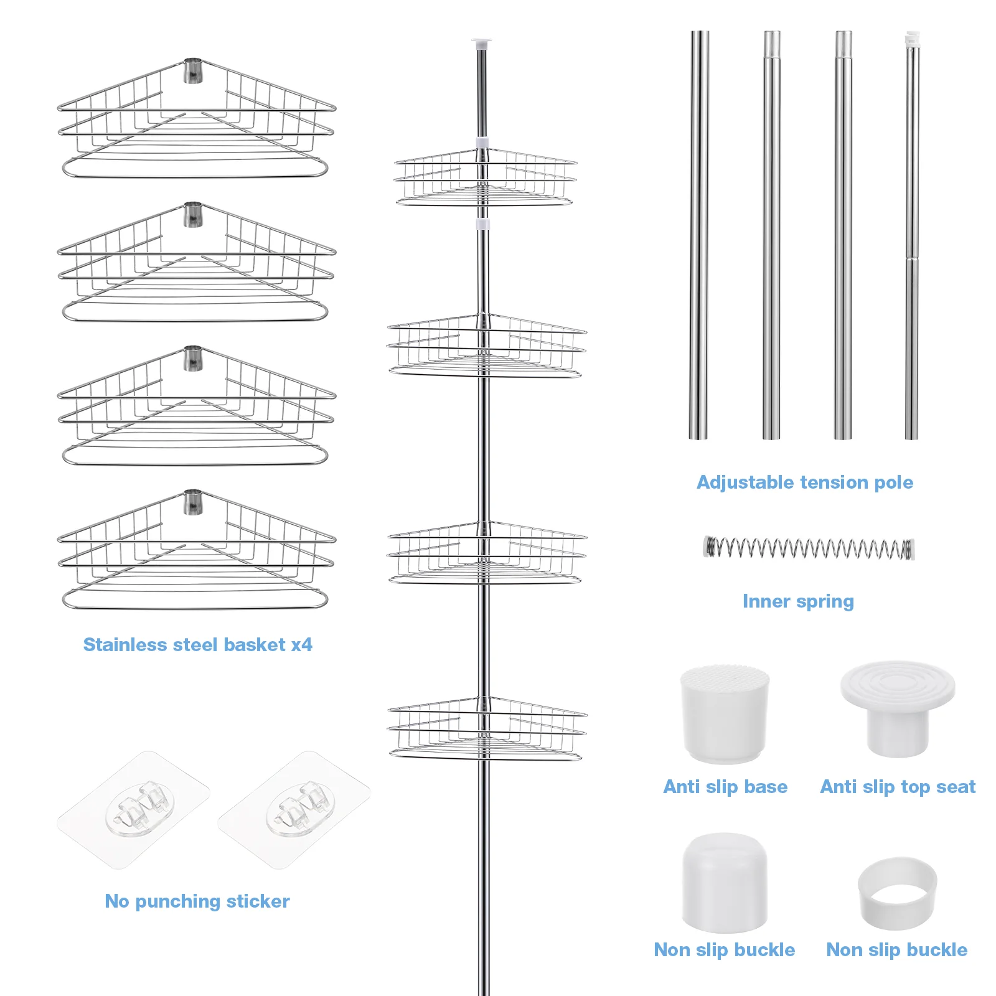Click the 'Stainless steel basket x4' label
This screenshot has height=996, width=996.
(198, 644)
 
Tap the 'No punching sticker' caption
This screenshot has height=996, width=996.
(197, 901)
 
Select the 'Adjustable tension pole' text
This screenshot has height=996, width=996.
(805, 482)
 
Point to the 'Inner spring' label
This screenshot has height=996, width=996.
(798, 601)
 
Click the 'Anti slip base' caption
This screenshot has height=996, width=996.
(725, 787)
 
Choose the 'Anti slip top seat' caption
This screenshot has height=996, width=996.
(898, 787)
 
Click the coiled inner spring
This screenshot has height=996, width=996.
(809, 548)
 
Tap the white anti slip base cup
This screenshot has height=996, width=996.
(725, 714)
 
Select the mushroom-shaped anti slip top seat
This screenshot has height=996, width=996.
(898, 708)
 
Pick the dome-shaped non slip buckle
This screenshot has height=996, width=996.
(725, 882)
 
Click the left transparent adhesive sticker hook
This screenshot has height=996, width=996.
(133, 810)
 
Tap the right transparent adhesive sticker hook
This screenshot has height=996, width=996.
(294, 810)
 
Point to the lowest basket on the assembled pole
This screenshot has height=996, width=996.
(487, 729)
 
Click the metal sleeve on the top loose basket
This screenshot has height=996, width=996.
(193, 71)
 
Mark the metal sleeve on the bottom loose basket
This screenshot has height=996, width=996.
(193, 502)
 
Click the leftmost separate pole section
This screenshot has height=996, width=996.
(699, 235)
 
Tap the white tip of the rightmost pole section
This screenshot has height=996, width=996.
(912, 37)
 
